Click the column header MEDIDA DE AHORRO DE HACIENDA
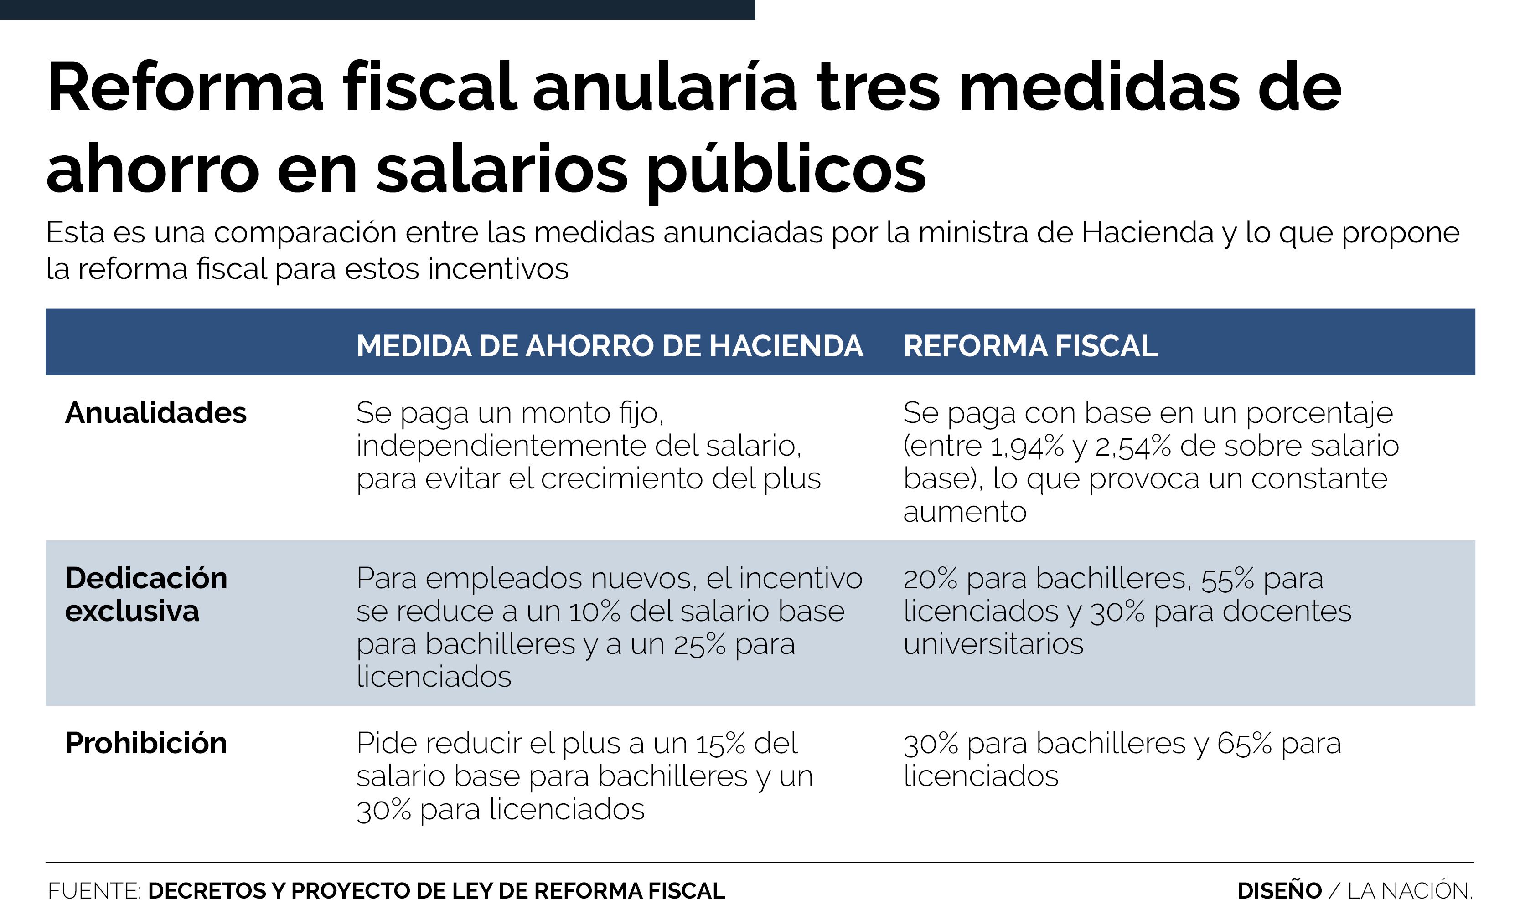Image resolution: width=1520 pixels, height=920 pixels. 610,346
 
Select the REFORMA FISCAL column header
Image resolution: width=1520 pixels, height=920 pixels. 1030,346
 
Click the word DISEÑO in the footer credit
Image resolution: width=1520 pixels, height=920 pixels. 1279,891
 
